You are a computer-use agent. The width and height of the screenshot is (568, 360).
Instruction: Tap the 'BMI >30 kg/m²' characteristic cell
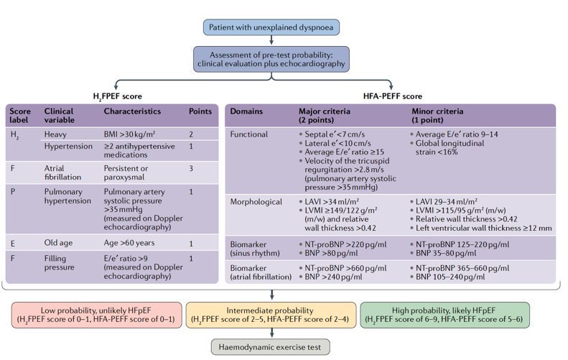click(134, 134)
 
